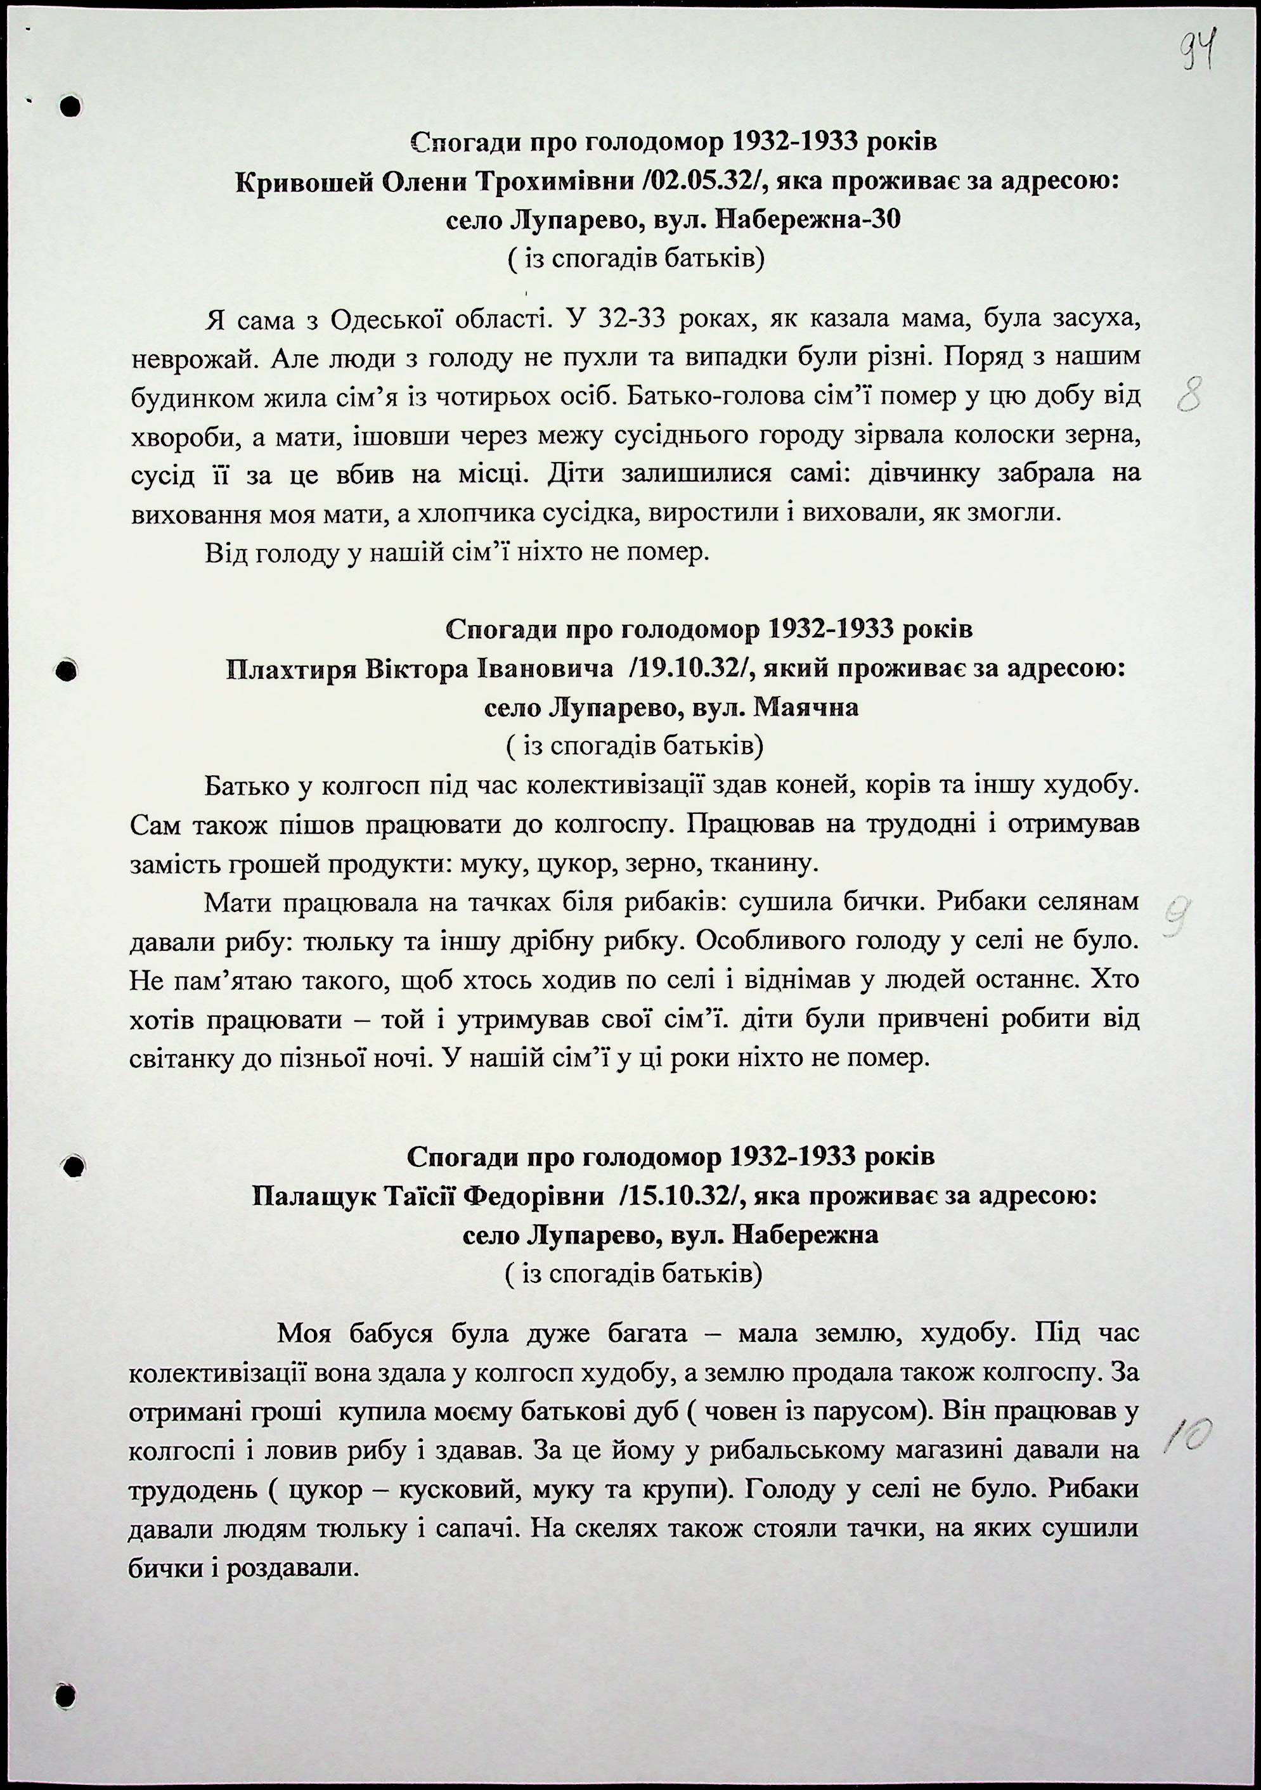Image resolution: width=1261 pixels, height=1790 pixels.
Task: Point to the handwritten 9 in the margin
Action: [x=1177, y=914]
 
